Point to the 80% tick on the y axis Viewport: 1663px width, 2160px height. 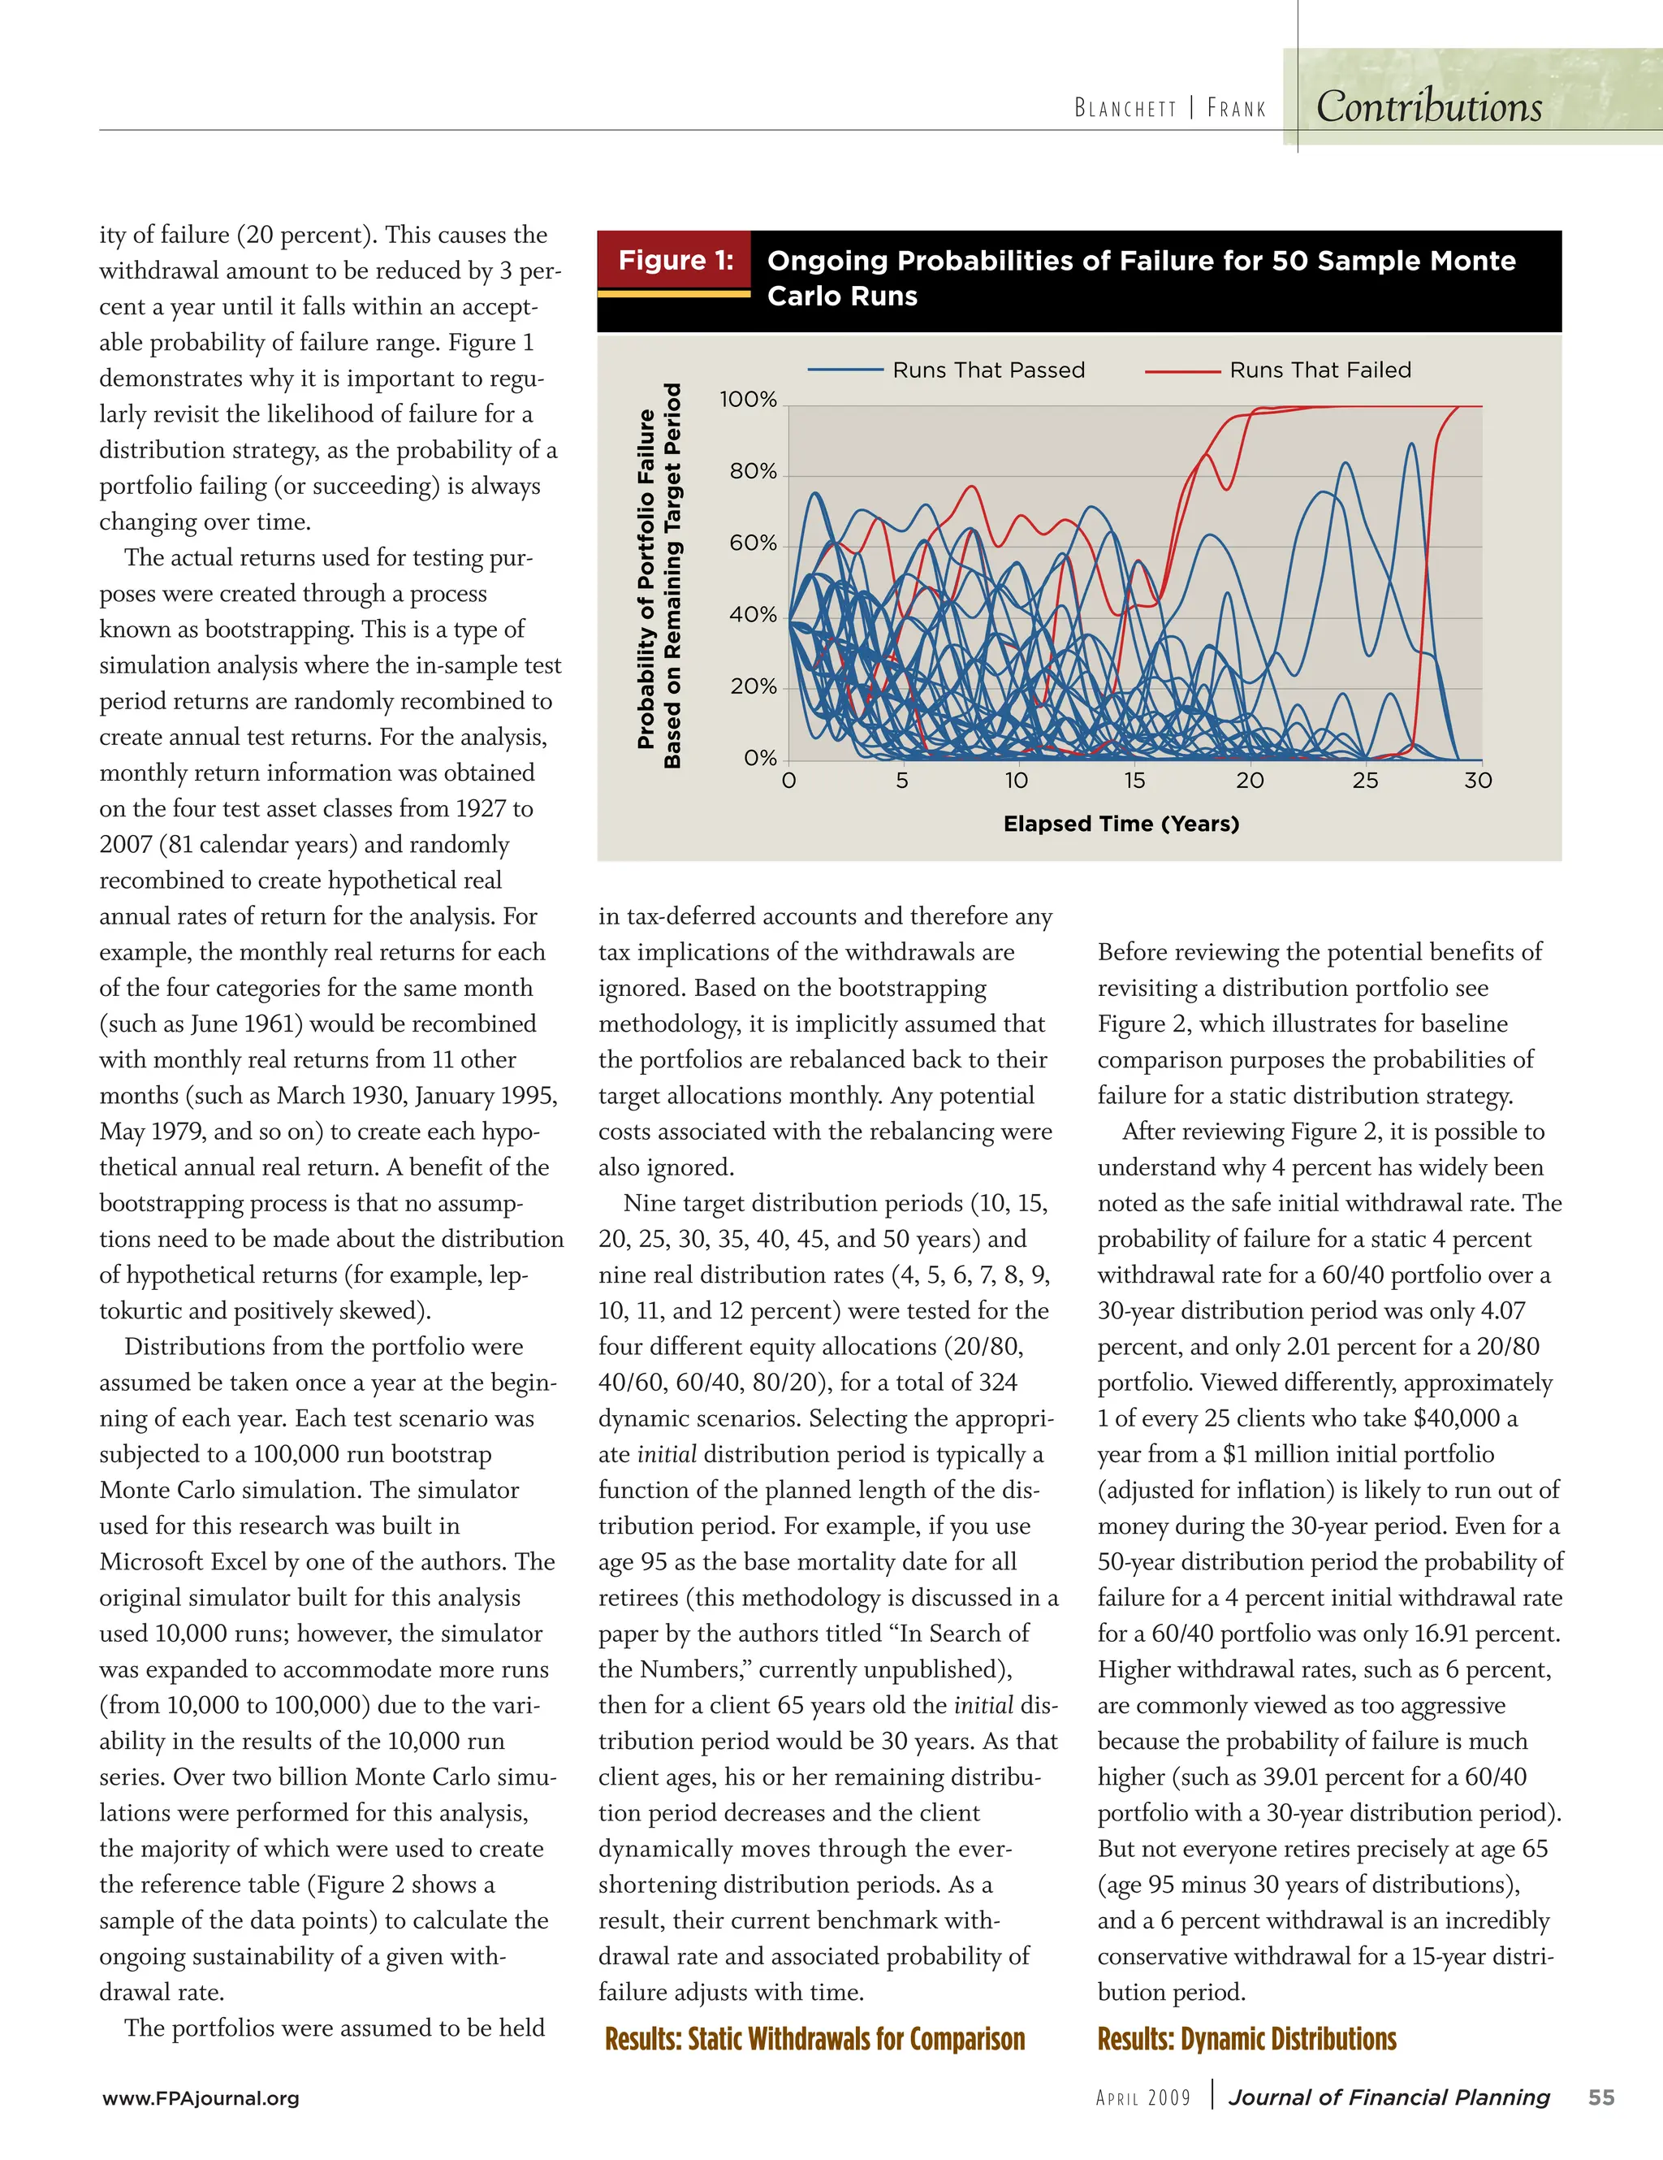pos(754,472)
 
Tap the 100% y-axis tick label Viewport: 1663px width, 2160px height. pos(749,400)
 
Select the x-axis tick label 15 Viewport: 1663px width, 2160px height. pos(1134,781)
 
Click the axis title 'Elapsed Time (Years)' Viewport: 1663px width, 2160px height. pos(1121,824)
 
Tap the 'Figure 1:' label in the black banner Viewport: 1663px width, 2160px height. pos(676,260)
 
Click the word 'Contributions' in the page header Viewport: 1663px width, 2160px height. pos(1428,106)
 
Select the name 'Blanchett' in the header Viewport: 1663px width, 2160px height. pos(1125,108)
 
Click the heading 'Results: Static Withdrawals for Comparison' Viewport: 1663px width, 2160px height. pos(814,2038)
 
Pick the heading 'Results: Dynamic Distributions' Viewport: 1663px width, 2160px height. pos(1246,2038)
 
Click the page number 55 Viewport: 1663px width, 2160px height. pos(1600,2097)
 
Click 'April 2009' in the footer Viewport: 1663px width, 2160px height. pos(1143,2097)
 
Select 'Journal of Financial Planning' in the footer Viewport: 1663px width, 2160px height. pos(1389,2097)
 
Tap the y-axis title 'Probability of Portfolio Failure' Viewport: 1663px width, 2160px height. pos(646,578)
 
